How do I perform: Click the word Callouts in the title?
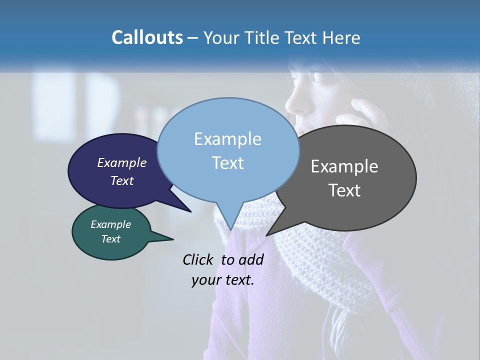pos(147,37)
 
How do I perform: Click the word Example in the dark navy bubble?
pos(121,162)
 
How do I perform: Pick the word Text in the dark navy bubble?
pos(121,180)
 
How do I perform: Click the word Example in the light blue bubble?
pos(227,139)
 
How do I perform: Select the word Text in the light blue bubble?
pos(227,163)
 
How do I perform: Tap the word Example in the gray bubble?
pos(344,166)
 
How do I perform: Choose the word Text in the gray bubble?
pos(344,190)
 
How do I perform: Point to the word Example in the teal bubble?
pos(110,224)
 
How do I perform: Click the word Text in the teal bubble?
pos(110,239)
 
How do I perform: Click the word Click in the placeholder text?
pos(199,259)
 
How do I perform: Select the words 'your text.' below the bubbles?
pos(223,280)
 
